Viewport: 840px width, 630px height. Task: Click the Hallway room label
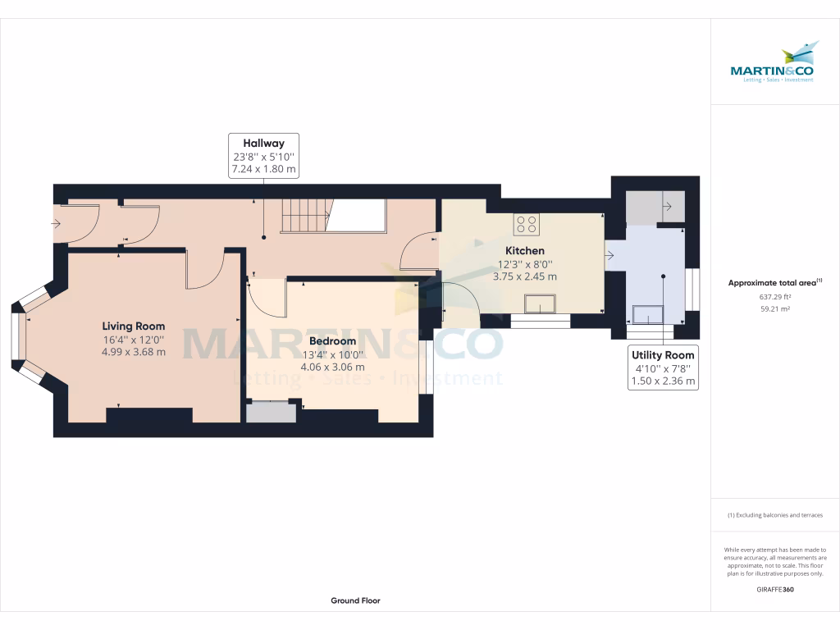(x=263, y=143)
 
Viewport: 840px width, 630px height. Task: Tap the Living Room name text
(x=134, y=326)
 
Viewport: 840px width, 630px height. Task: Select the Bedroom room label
(x=333, y=341)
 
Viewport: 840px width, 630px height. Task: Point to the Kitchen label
(x=525, y=251)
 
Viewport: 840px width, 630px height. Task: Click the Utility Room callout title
(x=663, y=355)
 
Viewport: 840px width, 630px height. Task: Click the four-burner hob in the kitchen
(x=527, y=225)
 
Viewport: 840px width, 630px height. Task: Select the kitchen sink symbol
(x=541, y=304)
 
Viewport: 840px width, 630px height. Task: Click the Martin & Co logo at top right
(x=773, y=62)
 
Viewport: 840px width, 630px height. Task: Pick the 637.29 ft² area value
(x=774, y=297)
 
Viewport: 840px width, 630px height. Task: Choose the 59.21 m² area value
(x=774, y=309)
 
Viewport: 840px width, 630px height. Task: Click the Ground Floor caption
(x=356, y=600)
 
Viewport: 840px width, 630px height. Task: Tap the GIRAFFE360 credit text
(x=775, y=589)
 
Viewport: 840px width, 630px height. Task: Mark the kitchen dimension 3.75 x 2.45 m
(x=525, y=276)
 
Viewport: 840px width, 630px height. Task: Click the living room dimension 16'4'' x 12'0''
(x=134, y=340)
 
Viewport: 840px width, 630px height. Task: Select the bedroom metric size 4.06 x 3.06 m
(x=333, y=367)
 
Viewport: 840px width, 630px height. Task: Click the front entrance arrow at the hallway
(x=57, y=223)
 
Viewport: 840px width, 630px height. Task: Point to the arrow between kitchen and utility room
(x=609, y=256)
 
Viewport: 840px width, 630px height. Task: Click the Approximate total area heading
(x=774, y=282)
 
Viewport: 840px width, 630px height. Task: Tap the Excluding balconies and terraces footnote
(x=774, y=515)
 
